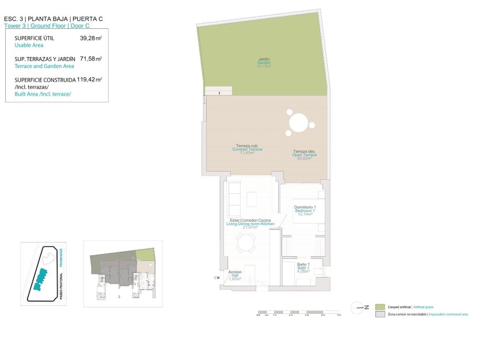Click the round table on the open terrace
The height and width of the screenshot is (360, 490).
(299, 123)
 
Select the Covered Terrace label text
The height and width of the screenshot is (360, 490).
(247, 149)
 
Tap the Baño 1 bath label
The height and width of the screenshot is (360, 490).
(304, 267)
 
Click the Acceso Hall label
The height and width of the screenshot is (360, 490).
(235, 275)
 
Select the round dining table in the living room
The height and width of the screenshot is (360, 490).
(246, 245)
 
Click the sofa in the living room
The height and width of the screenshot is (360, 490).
(233, 199)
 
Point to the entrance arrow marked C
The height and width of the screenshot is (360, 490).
(217, 278)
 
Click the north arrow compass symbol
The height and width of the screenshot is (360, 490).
(361, 308)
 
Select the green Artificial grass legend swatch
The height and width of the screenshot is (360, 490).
(379, 308)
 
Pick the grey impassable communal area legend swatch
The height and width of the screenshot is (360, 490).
(379, 314)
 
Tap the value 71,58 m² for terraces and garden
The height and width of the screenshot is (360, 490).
(90, 59)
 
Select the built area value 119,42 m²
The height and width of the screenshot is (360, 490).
(89, 79)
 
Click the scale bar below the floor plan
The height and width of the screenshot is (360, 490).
(298, 313)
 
